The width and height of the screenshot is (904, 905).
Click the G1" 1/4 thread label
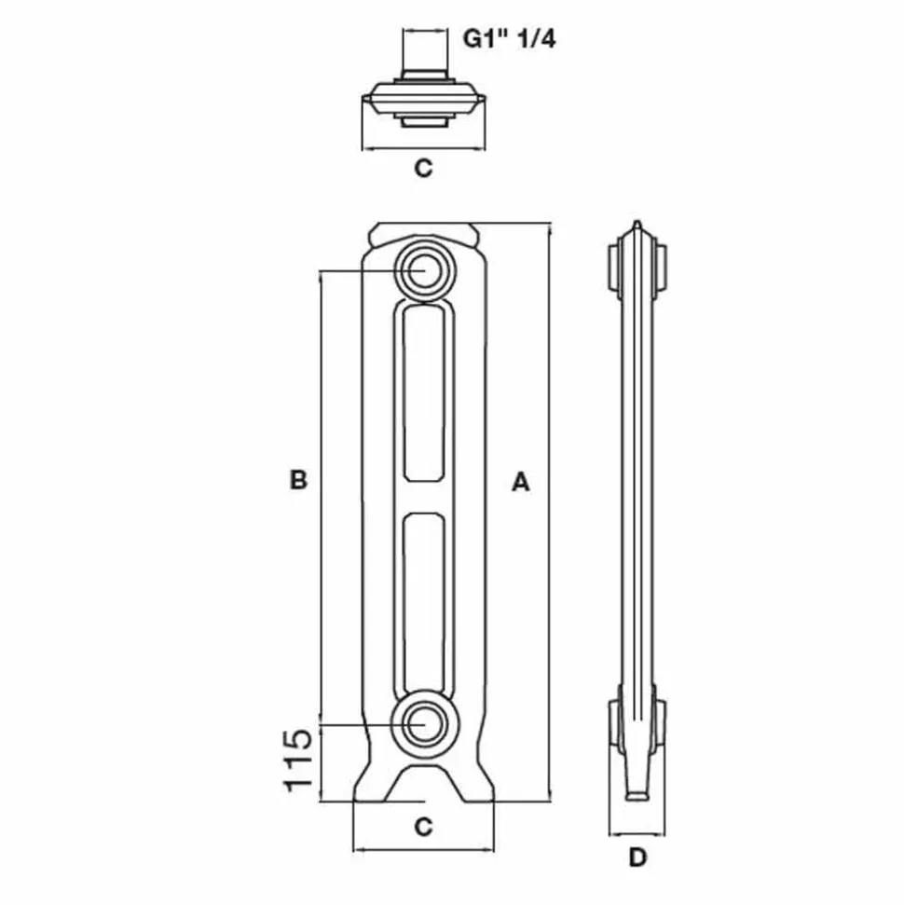(x=509, y=39)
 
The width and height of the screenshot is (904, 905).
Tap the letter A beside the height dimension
(x=521, y=481)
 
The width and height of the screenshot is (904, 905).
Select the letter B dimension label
(x=298, y=480)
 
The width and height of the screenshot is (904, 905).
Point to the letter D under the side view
(x=637, y=857)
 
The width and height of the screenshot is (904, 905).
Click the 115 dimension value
(x=298, y=761)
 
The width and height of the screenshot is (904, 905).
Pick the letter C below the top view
(x=423, y=168)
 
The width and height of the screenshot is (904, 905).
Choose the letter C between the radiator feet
(x=423, y=827)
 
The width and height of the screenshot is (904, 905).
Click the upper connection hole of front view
(x=425, y=270)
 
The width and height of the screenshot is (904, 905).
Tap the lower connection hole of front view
(x=425, y=723)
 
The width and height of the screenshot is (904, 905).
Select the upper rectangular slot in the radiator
(x=424, y=393)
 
